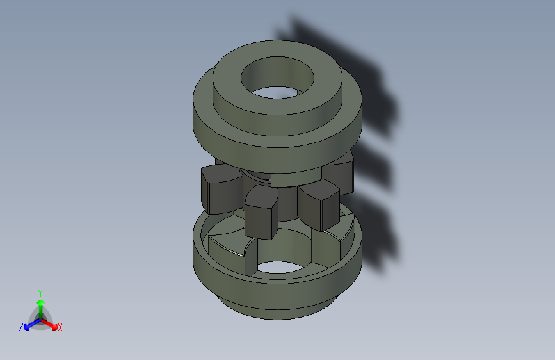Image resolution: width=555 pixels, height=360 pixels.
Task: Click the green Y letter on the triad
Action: [x=40, y=292]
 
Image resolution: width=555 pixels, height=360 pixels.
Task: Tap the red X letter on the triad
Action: [x=60, y=327]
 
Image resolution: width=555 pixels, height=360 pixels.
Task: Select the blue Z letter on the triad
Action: [x=20, y=327]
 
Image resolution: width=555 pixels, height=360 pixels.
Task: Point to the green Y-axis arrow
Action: [x=40, y=306]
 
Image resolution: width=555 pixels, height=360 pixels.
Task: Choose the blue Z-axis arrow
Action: [x=29, y=325]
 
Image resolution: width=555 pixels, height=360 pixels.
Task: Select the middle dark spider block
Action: [x=261, y=213]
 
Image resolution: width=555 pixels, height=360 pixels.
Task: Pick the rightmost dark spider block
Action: [x=318, y=205]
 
